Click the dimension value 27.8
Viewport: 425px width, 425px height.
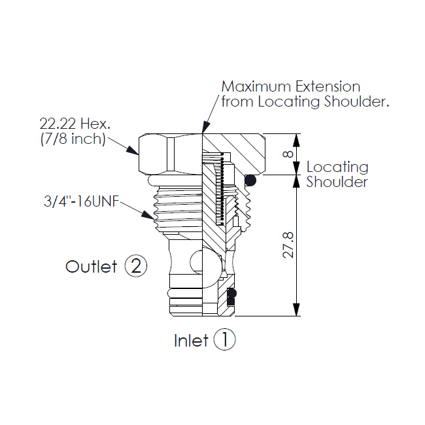point(288,245)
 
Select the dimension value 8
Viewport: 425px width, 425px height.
point(288,154)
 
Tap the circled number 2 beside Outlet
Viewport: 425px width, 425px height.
point(136,265)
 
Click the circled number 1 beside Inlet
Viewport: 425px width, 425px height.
point(224,339)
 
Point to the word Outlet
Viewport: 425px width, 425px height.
point(92,266)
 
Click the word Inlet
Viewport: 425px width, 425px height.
point(191,341)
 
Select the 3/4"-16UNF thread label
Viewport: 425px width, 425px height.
point(82,201)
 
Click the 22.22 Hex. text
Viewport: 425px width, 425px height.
point(75,124)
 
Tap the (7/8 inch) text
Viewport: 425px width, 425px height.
point(73,139)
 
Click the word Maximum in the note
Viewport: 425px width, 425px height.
point(256,87)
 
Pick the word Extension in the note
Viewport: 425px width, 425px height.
point(328,87)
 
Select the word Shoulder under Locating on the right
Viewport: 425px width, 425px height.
point(337,182)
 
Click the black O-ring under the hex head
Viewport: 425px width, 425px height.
point(250,180)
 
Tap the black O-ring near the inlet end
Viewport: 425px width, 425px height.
point(231,293)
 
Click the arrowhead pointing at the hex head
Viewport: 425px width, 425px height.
point(133,150)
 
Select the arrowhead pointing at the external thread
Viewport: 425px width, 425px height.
point(148,214)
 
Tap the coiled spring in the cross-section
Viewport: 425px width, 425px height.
point(220,189)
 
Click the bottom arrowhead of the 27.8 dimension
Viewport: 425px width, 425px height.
point(297,309)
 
